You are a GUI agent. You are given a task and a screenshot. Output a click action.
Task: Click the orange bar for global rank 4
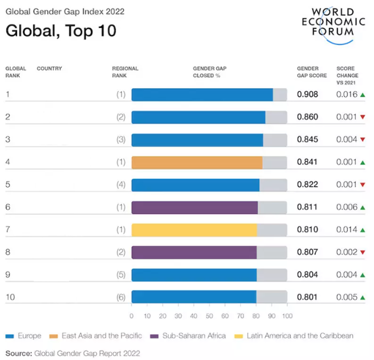tap(197, 162)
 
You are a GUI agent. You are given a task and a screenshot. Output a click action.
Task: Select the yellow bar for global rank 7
tap(194, 230)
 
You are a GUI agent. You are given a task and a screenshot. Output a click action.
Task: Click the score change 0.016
tap(346, 95)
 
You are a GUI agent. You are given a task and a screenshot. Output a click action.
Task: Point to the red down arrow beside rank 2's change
tap(363, 117)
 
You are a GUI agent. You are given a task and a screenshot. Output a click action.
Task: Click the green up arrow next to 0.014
tap(363, 230)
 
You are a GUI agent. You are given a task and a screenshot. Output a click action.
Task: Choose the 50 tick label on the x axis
tap(209, 316)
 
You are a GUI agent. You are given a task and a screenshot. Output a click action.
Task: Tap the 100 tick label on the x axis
tap(287, 316)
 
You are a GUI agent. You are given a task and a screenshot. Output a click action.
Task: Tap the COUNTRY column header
tap(49, 69)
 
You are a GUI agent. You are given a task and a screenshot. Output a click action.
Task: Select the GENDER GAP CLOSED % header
tap(210, 72)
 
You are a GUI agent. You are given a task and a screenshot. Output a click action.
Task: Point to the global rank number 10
tap(10, 297)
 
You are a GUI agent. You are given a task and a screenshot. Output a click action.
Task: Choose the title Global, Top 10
tap(61, 31)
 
